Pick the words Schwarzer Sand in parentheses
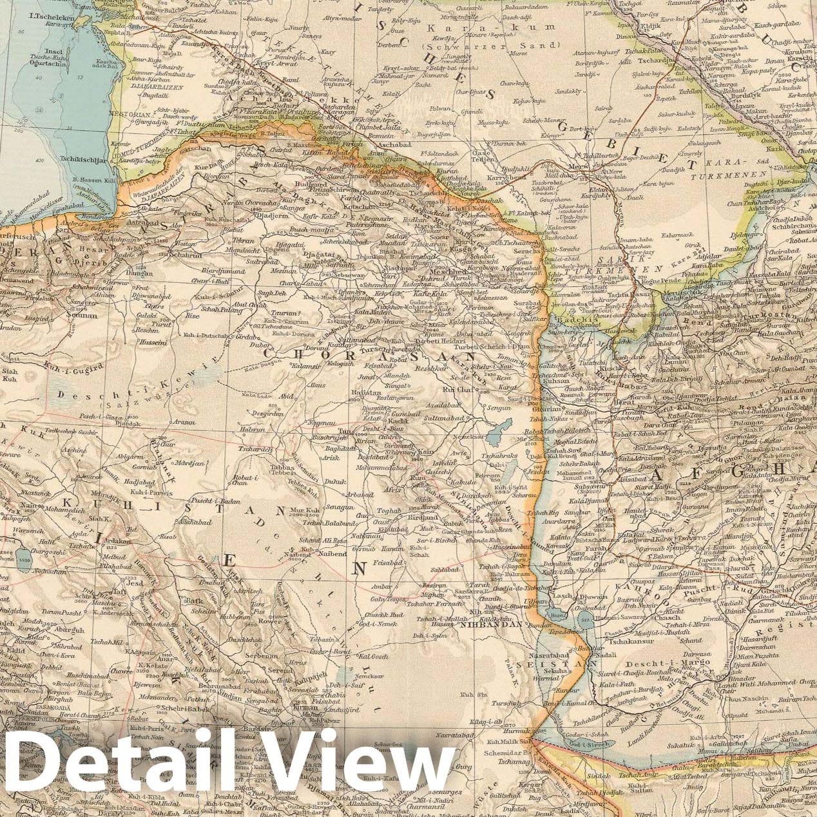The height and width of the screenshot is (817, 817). [489, 46]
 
